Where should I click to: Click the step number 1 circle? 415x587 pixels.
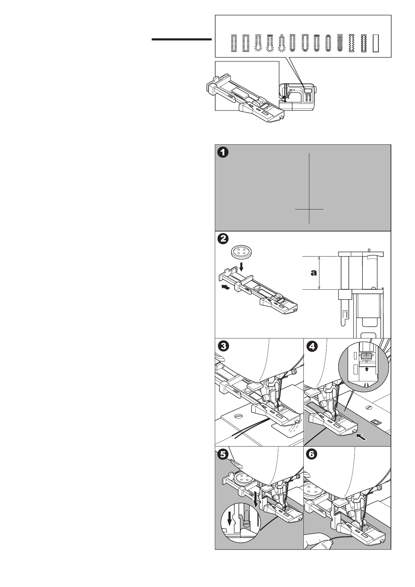point(223,153)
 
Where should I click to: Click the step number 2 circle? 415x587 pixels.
point(223,239)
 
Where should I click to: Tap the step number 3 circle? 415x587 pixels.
point(223,346)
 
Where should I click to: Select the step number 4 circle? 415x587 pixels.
point(312,346)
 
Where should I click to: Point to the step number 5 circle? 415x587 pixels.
point(223,455)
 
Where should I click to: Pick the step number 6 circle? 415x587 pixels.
point(312,455)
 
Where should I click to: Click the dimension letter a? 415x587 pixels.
point(314,273)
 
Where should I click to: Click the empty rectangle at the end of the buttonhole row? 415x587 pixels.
point(376,43)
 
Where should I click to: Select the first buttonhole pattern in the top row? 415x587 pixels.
point(233,43)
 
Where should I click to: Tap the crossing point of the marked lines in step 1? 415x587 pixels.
point(309,209)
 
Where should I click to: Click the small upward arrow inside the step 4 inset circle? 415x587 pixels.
point(367,368)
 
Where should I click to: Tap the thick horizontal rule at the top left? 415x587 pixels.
point(182,40)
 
